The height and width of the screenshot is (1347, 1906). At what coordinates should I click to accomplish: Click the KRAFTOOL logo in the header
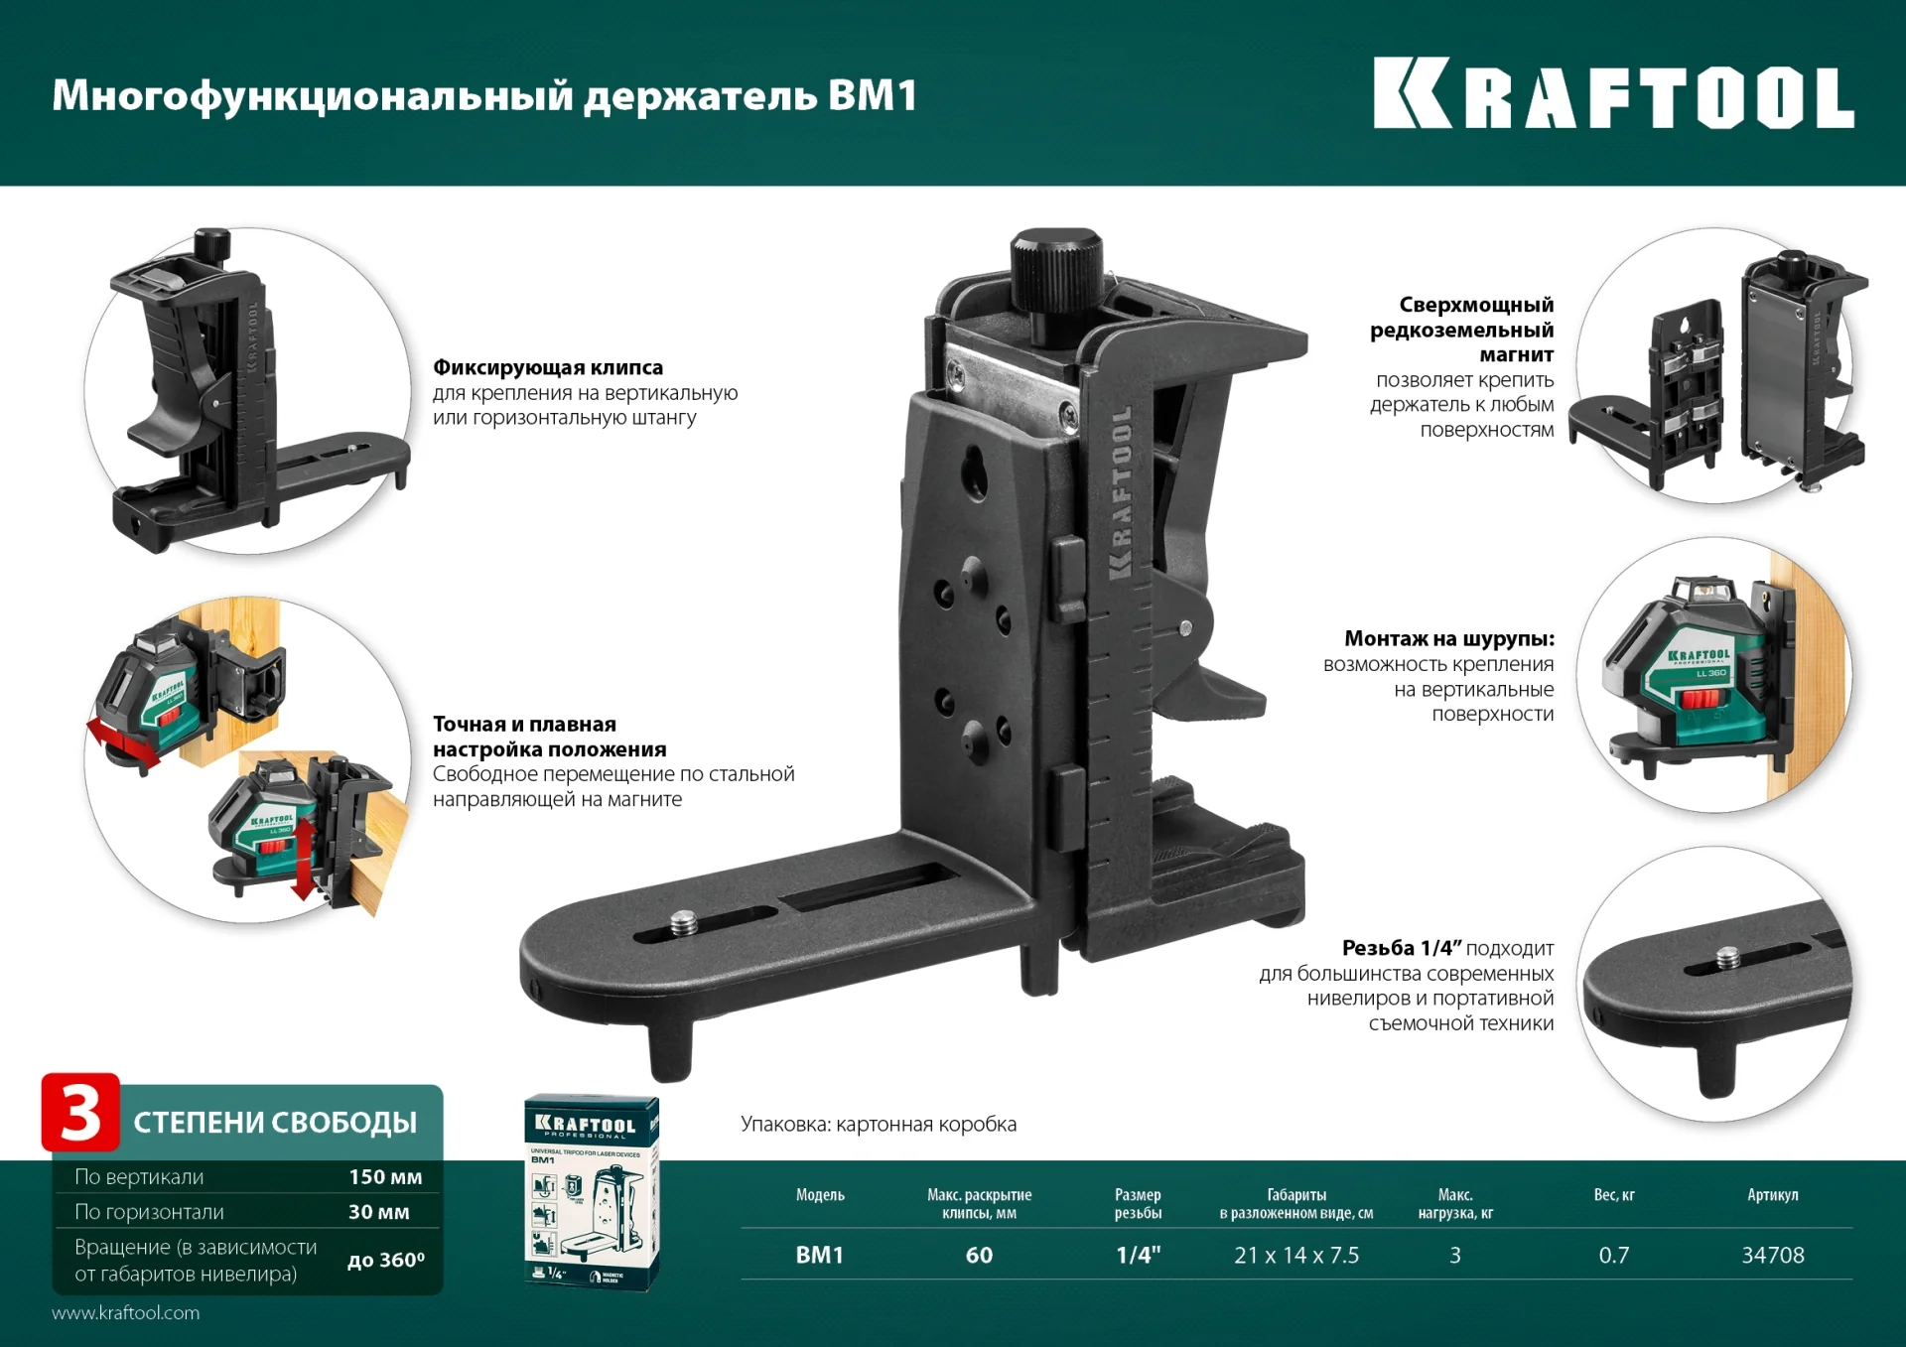1613,94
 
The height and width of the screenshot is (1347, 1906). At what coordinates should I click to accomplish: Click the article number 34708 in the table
1772,1255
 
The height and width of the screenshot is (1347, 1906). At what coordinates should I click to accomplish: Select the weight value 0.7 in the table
1613,1255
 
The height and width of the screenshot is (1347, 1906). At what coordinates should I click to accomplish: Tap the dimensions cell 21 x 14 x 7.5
1295,1255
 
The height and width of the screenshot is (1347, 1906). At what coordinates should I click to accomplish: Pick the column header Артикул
1772,1194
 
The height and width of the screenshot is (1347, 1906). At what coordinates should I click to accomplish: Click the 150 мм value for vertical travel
385,1176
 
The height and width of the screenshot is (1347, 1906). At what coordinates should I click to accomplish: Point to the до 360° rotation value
385,1260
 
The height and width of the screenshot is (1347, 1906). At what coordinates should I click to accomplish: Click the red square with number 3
80,1113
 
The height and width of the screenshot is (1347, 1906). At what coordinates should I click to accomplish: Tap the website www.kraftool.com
126,1312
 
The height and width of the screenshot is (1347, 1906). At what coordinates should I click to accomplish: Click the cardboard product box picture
591,1191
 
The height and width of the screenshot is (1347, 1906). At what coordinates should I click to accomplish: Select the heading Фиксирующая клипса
548,367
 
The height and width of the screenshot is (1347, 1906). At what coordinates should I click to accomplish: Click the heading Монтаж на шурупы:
1448,638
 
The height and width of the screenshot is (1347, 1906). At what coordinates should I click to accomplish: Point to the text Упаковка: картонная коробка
878,1124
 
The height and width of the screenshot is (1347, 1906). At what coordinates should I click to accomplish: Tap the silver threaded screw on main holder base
684,924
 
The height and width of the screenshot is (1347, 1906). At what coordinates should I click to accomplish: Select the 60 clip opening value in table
979,1255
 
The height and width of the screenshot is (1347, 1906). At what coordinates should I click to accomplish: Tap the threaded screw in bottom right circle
1727,958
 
